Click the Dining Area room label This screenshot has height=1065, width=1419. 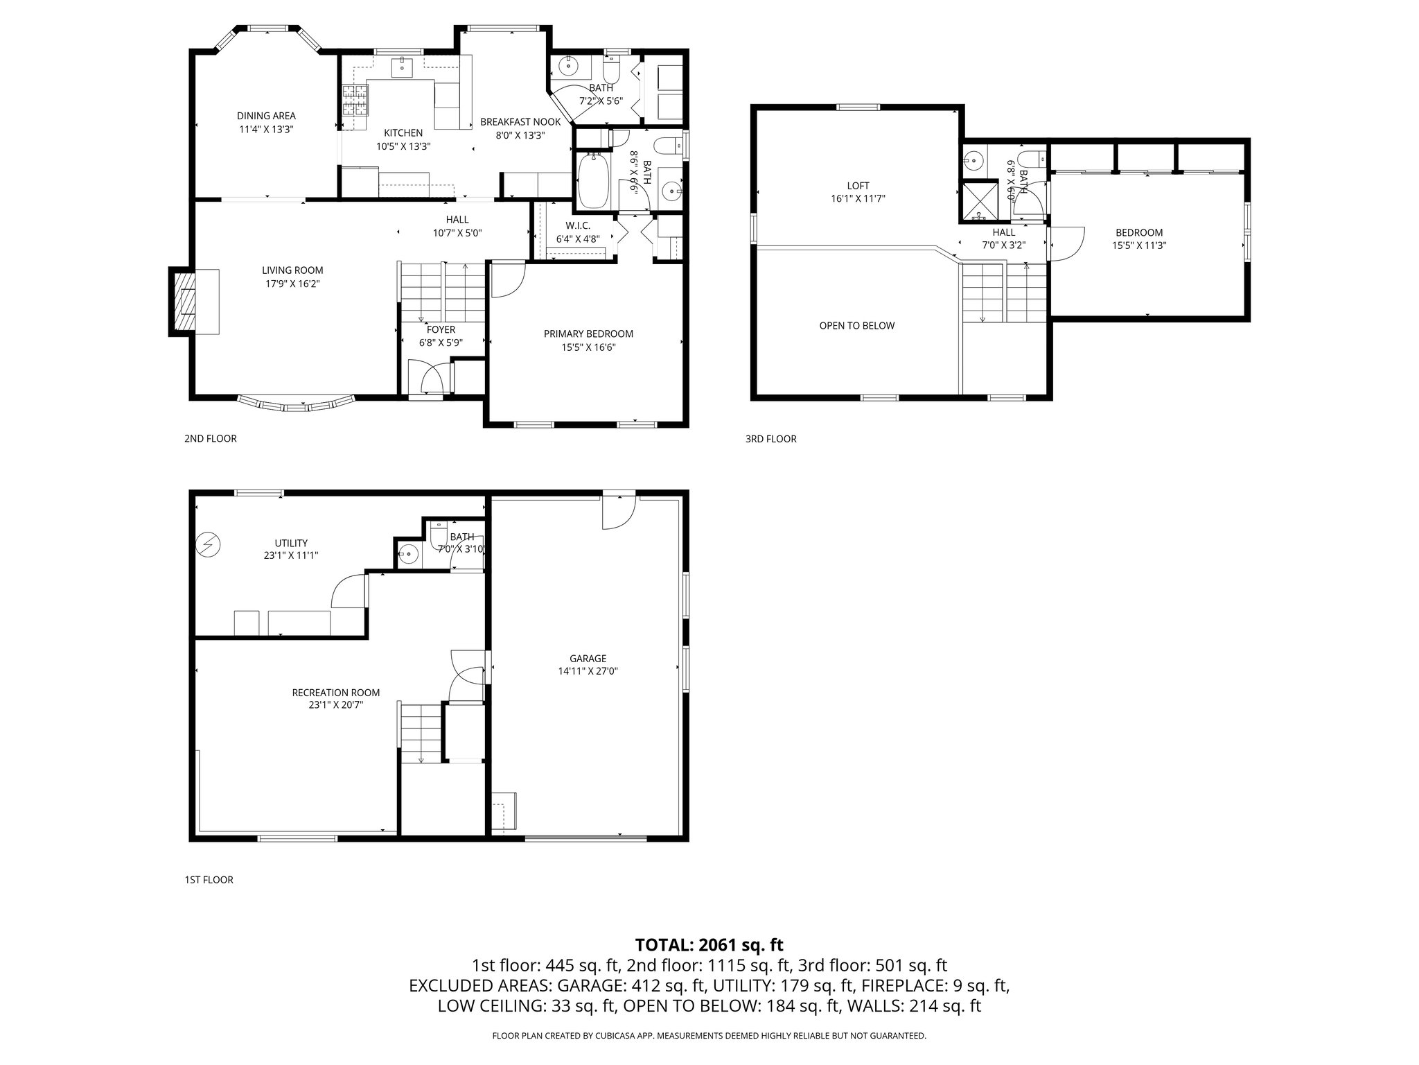coord(266,116)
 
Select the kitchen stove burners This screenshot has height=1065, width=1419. coord(355,100)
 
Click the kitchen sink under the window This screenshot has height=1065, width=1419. coord(403,67)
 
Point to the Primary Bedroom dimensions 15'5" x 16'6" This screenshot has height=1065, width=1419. coord(588,347)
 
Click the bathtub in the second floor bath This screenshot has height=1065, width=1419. coord(593,180)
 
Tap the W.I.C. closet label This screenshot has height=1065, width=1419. coord(577,226)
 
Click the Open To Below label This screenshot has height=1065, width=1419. coord(856,326)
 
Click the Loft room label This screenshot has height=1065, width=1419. coord(858,186)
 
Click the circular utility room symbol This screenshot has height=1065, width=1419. coord(207,544)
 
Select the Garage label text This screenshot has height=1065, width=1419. coord(588,659)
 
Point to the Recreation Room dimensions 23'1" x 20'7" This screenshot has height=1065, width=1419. coord(336,705)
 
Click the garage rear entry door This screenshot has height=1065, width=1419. coord(618,512)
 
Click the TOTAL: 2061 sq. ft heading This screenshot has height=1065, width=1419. coord(709,944)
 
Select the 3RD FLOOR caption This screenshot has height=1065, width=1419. coord(770,439)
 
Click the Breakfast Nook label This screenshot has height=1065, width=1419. coord(520,122)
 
